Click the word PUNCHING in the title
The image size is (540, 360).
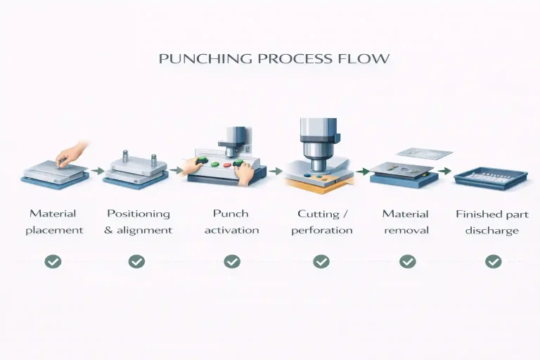pos(205,58)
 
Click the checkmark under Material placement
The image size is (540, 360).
pos(53,262)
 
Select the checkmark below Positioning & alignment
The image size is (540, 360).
pos(136,262)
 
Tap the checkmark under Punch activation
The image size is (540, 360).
pos(232,262)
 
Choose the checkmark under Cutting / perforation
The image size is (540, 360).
pos(321,262)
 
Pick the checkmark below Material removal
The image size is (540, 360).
pos(408,262)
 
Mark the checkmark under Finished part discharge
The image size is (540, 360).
pos(494,262)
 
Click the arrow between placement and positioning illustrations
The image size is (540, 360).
pos(98,171)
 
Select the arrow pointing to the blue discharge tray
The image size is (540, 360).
pos(445,171)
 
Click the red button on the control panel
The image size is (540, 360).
pos(227,165)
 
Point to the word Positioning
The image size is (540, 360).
pos(139,214)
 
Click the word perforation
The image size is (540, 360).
pos(322,231)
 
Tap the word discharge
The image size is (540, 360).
pos(491,230)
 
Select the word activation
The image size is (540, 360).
pos(232,230)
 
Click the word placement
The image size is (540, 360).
pos(54,231)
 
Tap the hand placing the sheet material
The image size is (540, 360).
pos(72,155)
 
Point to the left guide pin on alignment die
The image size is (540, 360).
pos(126,156)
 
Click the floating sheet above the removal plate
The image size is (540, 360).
pos(425,154)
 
